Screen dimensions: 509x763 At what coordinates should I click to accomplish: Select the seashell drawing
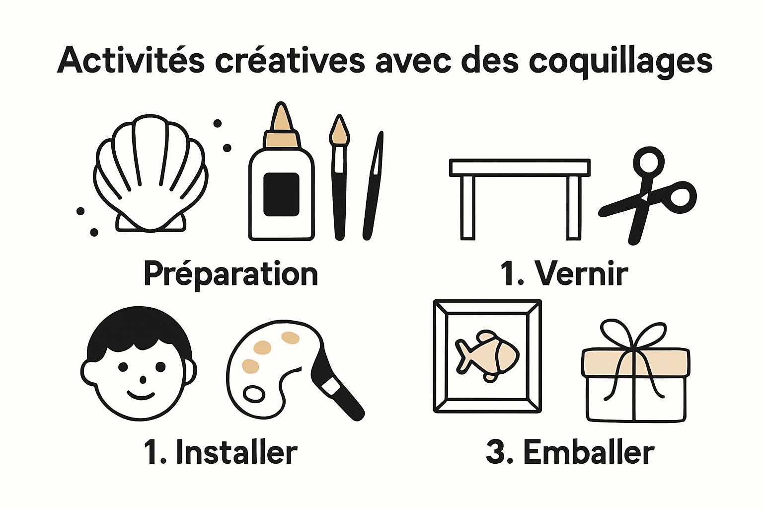pos(150,174)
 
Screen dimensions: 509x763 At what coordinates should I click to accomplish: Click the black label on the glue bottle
pos(281,194)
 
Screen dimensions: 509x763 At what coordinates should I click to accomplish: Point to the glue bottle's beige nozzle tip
pos(282,119)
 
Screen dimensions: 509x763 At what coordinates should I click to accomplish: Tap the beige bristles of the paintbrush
pos(339,130)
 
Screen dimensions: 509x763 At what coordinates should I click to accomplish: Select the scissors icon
pos(648,194)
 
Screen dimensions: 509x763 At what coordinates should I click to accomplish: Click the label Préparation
pos(230,274)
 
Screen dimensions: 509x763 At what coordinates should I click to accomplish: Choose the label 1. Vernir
pos(564,273)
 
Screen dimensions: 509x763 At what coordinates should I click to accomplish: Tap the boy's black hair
pos(139,328)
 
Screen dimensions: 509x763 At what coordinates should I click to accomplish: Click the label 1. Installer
pos(221,452)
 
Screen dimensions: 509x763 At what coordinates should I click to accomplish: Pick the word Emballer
pos(589,452)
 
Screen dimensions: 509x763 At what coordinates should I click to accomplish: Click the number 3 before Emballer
pos(496,452)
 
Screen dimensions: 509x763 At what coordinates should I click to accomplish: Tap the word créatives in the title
pos(290,61)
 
